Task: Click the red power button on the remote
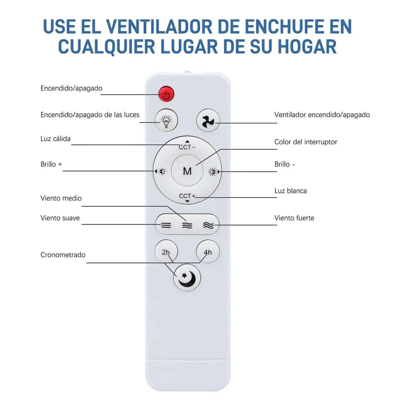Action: [x=166, y=94]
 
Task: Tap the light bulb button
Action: [x=166, y=120]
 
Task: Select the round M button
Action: [x=187, y=171]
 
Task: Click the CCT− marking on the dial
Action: [x=187, y=147]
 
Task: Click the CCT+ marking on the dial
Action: [x=187, y=196]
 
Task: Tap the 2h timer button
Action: [x=166, y=252]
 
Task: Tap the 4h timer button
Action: [x=207, y=252]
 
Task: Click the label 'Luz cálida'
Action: [x=56, y=139]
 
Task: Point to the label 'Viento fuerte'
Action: [x=294, y=218]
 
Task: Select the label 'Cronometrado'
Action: [x=63, y=255]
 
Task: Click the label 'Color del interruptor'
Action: [x=306, y=142]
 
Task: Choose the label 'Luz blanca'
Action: [x=291, y=191]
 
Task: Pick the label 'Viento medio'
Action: [x=61, y=198]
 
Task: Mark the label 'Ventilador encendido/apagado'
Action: [x=322, y=115]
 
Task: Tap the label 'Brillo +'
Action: [x=51, y=164]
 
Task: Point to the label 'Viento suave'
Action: [x=60, y=218]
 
